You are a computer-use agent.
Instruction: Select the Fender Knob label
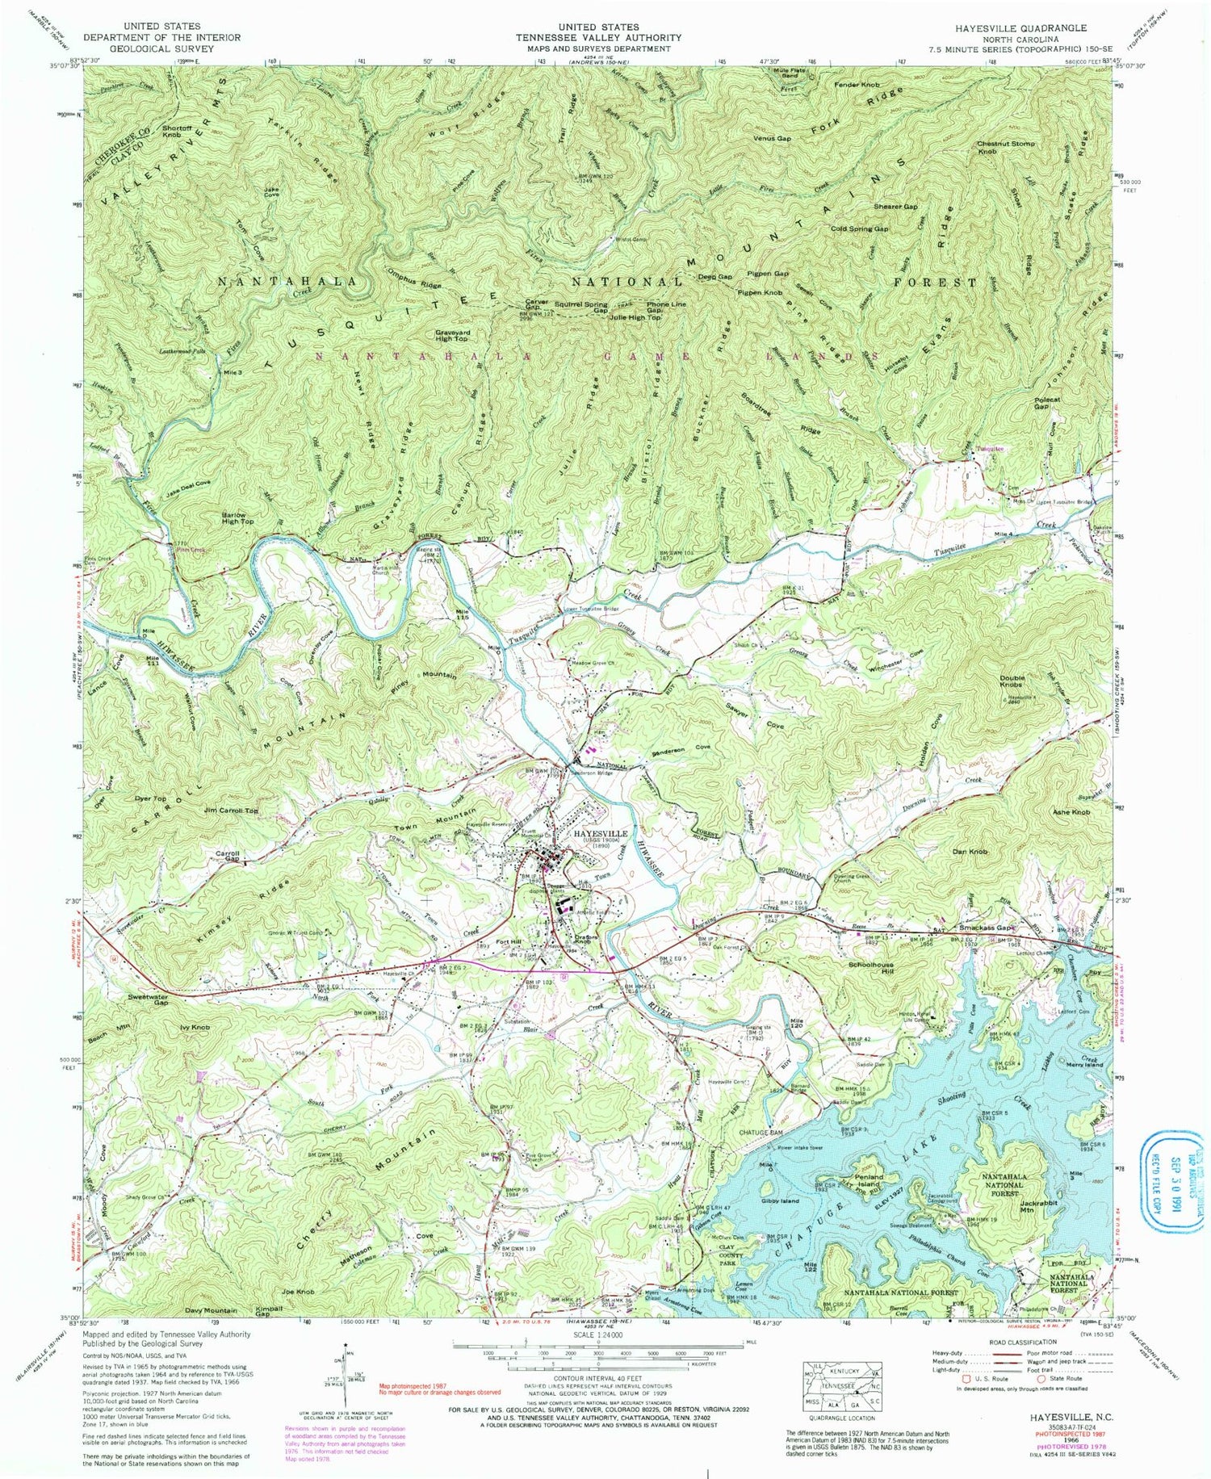coord(857,85)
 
